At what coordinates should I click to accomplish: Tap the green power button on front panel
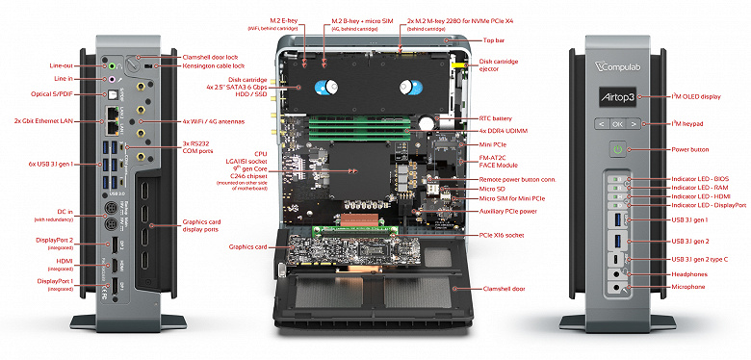pos(616,149)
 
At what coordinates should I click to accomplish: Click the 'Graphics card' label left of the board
pos(246,245)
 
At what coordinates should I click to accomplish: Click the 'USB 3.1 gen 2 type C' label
pos(697,260)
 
